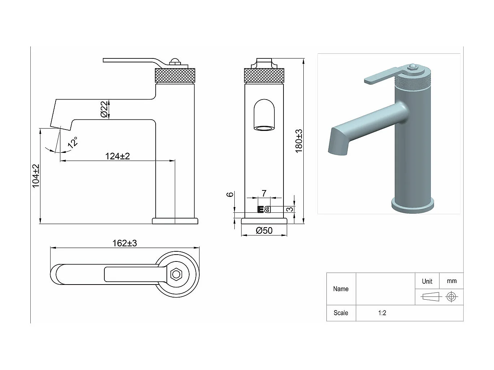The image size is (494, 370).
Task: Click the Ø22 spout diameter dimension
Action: coord(104,109)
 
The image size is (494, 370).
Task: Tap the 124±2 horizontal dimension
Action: coord(117,156)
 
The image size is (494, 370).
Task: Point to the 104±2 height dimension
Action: coord(36,176)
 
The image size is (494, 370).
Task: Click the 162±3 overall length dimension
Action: coord(125,243)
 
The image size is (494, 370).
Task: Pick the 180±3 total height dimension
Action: coord(299,141)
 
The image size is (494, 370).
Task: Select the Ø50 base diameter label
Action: coord(264,230)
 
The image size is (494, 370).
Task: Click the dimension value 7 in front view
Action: coord(264,193)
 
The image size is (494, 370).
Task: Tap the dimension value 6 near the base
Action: coord(230,194)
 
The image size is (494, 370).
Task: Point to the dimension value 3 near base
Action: coord(290,209)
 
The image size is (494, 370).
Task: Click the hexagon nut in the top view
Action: coord(176,274)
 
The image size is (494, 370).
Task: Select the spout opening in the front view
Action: coord(264,128)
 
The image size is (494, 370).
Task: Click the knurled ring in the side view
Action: coord(175,75)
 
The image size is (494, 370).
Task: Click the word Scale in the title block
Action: coord(341,313)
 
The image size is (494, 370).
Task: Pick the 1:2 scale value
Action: coord(382,313)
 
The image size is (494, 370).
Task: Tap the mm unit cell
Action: coord(451,281)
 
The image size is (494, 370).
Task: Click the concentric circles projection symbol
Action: coord(451,297)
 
